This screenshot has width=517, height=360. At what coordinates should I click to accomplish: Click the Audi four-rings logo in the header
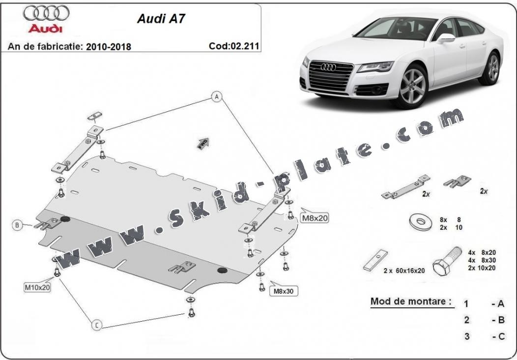(46, 13)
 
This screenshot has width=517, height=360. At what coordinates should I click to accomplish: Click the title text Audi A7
(161, 19)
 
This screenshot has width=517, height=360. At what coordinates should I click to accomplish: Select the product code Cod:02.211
(234, 46)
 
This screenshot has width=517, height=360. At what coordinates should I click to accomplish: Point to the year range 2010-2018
(109, 47)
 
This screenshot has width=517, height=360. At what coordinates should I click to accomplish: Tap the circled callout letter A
(217, 97)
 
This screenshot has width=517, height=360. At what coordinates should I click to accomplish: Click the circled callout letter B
(17, 225)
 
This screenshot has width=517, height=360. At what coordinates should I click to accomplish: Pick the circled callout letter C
(97, 325)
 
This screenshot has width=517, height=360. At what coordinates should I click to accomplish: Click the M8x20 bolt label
(315, 217)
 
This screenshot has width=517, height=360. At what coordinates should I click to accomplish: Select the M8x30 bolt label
(284, 291)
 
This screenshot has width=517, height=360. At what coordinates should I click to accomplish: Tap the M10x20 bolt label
(37, 287)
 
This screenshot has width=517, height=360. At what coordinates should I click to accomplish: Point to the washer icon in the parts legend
(420, 222)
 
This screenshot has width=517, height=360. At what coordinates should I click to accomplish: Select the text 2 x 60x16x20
(404, 270)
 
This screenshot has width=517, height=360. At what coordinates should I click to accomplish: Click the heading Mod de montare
(411, 301)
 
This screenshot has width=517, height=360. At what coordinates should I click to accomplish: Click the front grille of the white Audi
(331, 76)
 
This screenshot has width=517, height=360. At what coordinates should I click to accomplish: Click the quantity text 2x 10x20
(482, 268)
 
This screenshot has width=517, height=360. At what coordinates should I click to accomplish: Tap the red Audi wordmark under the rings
(45, 29)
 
